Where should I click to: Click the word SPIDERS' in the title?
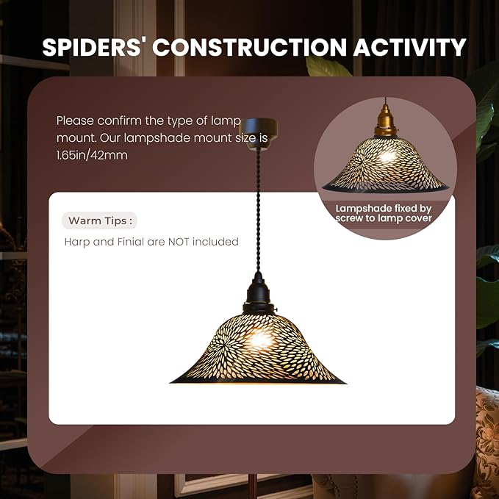click(92, 47)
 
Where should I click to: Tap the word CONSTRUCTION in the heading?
click(249, 47)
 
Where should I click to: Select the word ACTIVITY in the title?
click(409, 47)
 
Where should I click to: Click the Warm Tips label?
click(100, 220)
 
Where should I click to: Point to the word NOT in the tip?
click(179, 242)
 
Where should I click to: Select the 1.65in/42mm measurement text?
click(92, 155)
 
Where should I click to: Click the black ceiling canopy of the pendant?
click(258, 132)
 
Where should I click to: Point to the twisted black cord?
click(258, 210)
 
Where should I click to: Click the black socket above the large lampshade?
click(258, 292)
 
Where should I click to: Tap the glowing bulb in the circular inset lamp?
click(387, 157)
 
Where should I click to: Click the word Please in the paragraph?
click(75, 121)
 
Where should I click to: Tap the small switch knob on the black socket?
click(276, 309)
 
